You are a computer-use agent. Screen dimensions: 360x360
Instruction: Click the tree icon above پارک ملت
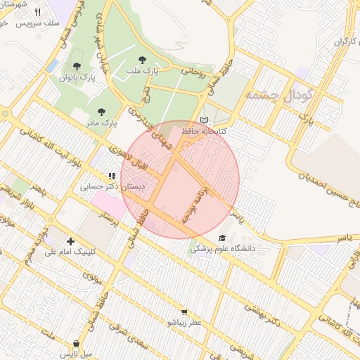click(143, 60)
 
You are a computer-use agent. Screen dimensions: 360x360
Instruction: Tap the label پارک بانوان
click(77, 77)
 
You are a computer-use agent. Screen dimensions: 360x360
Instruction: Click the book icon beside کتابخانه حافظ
click(205, 120)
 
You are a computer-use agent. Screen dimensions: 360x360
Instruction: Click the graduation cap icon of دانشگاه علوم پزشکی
click(223, 238)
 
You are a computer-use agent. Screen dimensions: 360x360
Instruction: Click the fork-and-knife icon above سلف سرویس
click(37, 12)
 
